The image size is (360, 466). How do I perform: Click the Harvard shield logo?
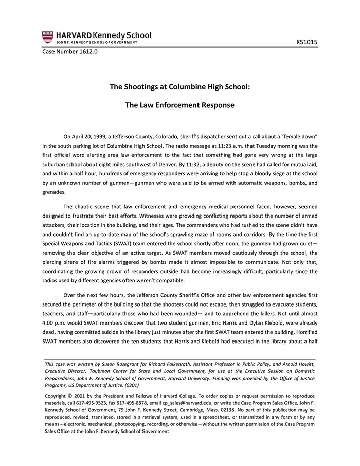[x=48, y=37]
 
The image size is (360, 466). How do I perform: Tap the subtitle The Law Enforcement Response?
[x=179, y=105]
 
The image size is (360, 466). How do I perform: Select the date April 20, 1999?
[x=94, y=137]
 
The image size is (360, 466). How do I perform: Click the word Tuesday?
[x=277, y=146]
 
